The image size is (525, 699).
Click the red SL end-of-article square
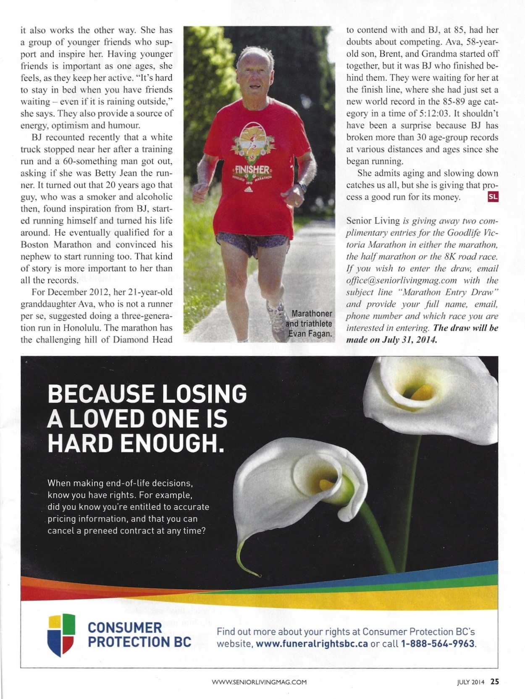point(493,196)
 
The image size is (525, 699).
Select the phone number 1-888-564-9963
point(438,644)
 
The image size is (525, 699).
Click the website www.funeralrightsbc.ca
point(312,644)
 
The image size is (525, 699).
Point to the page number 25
point(495,682)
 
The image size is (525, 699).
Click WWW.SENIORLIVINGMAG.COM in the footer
point(259,682)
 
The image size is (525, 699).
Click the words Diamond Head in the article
point(142,340)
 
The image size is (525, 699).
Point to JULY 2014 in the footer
point(471,682)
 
